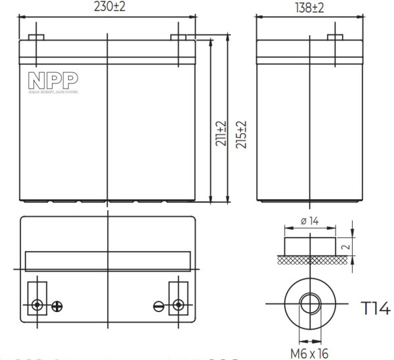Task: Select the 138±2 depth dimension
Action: tap(309, 7)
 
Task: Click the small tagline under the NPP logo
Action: tap(53, 93)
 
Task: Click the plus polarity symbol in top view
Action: tap(57, 305)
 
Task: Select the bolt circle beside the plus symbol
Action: tap(37, 305)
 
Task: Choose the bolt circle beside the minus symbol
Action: tap(177, 305)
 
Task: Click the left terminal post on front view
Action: tap(37, 37)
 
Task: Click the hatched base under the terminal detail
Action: tap(309, 261)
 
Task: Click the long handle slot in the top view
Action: tap(108, 261)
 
